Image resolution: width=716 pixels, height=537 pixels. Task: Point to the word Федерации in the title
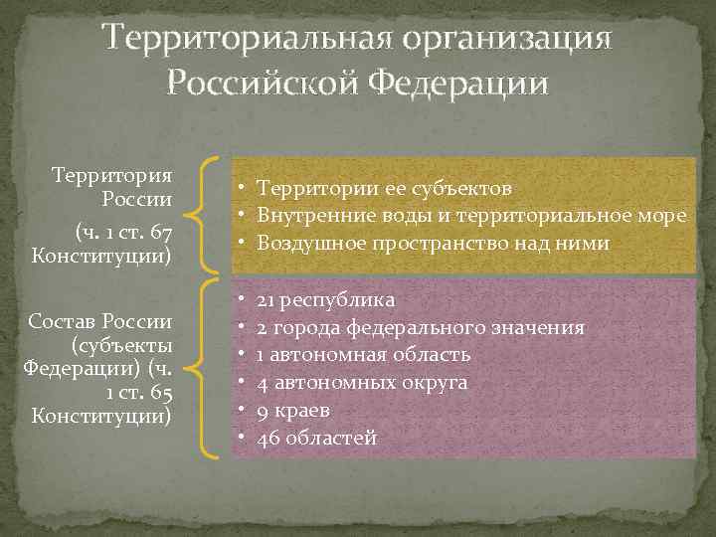458,82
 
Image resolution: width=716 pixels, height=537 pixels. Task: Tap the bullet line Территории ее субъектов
385,188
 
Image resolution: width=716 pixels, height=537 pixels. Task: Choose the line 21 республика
325,299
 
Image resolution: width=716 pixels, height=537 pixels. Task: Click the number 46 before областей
268,438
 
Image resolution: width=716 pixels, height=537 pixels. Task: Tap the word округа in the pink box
431,383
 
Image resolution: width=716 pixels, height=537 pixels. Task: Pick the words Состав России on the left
101,323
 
